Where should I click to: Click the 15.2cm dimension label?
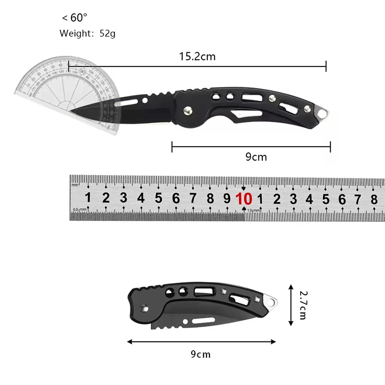coord(197,56)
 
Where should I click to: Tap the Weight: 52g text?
coord(87,34)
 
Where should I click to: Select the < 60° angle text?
coord(75,18)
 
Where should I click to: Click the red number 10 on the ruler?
coord(244,199)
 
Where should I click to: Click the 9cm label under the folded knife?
coord(201,354)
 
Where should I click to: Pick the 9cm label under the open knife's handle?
coord(256,157)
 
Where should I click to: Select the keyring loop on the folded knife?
coord(272,303)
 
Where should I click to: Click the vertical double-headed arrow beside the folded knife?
coord(291,305)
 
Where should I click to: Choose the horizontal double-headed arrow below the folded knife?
coord(201,342)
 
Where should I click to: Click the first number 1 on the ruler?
coord(88,198)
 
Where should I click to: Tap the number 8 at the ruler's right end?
coord(374,199)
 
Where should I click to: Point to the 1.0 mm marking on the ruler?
coord(253,210)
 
